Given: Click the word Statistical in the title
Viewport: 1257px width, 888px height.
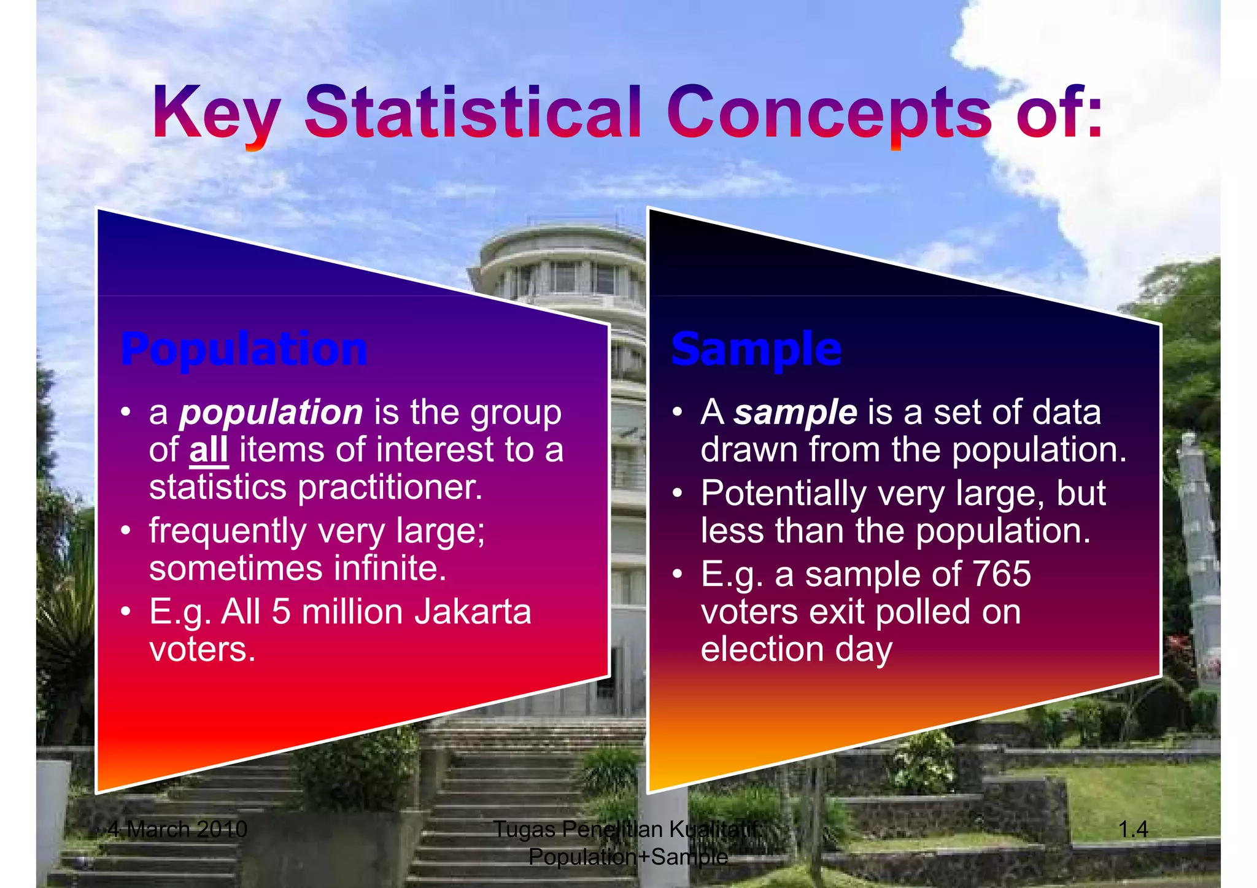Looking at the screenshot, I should point(473,112).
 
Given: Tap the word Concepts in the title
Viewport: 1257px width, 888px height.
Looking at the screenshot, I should point(829,112).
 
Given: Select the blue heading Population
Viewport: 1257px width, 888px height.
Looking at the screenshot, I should point(244,349).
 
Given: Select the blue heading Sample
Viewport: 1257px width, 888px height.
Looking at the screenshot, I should point(756,349).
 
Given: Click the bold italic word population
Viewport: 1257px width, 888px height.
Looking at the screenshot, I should point(271,412).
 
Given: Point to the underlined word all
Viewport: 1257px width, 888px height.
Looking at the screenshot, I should point(209,449).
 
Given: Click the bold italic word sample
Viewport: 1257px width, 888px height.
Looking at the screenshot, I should point(795,412).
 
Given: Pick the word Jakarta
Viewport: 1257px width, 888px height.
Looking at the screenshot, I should point(473,612).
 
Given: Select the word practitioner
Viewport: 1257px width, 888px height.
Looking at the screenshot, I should point(390,487).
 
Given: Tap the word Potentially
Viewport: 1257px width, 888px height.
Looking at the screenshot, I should point(783,493).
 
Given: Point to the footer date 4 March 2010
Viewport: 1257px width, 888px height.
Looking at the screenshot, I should point(177,829).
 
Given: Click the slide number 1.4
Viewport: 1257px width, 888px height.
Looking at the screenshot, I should point(1133,829).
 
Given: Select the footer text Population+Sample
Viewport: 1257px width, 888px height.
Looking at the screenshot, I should point(628,856).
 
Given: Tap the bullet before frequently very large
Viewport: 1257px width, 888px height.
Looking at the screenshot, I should point(126,531).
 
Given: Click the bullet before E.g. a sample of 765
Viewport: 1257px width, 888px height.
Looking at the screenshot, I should point(677,574).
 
